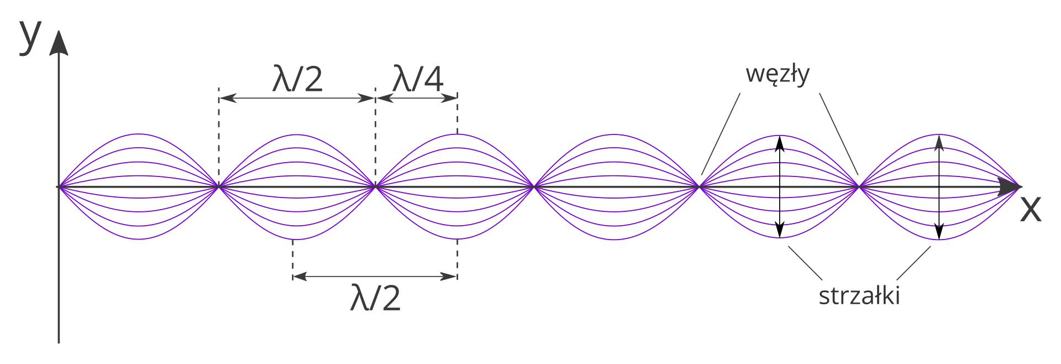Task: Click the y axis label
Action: point(30,37)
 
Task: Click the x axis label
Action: point(1030,209)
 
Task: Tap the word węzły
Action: point(778,74)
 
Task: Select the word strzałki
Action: point(859,295)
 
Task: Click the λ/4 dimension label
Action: point(417,79)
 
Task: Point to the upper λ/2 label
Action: point(297,79)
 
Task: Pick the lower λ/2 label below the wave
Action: point(375,298)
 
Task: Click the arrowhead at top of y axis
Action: point(59,43)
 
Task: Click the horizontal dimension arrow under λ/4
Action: point(417,98)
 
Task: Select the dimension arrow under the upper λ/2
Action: point(297,98)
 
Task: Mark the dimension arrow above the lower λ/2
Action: point(375,276)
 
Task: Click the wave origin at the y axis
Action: point(59,187)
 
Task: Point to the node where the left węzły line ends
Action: point(700,186)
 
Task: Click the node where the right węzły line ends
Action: point(859,186)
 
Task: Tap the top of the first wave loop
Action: point(139,134)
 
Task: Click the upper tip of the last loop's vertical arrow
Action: point(939,138)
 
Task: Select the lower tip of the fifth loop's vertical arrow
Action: point(780,235)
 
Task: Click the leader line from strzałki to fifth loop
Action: point(805,263)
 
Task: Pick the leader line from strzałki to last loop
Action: point(913,263)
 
